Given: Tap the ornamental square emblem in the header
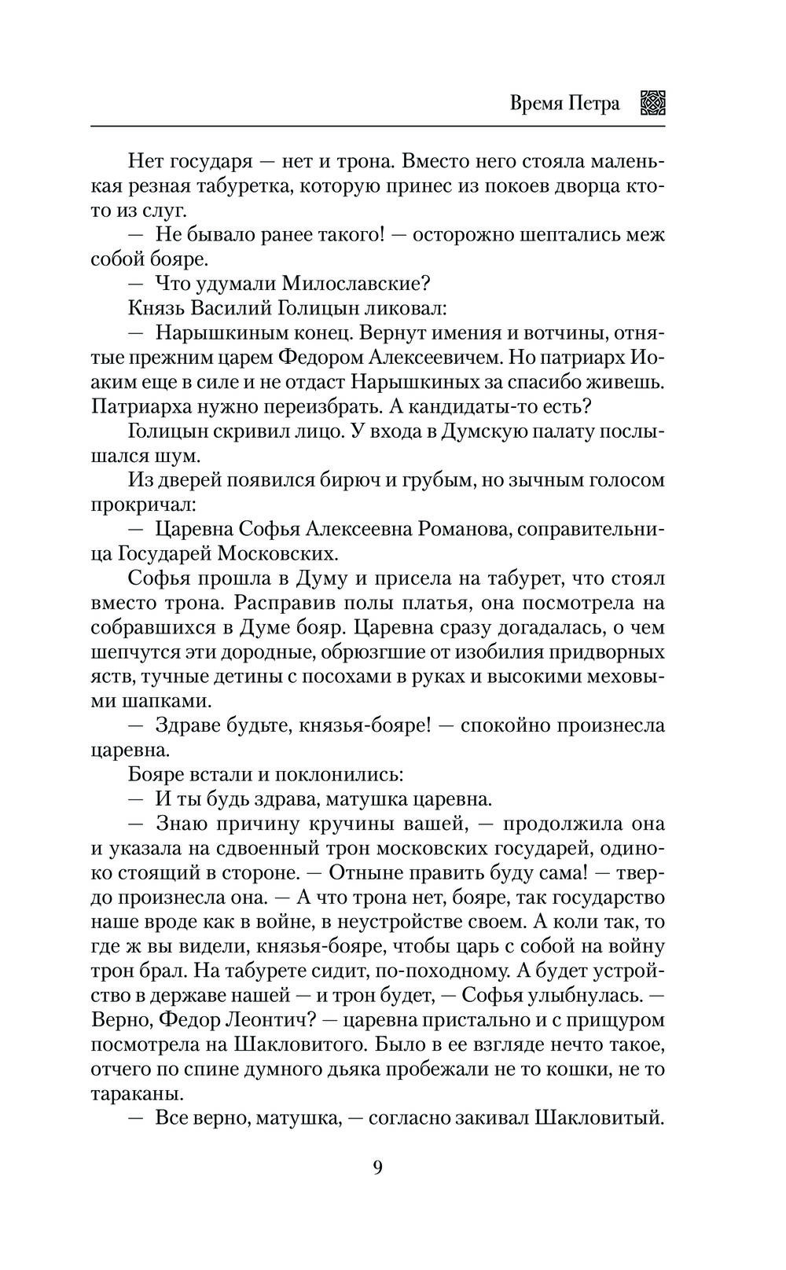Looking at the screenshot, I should (x=653, y=103).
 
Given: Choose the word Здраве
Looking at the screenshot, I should (x=189, y=725).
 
